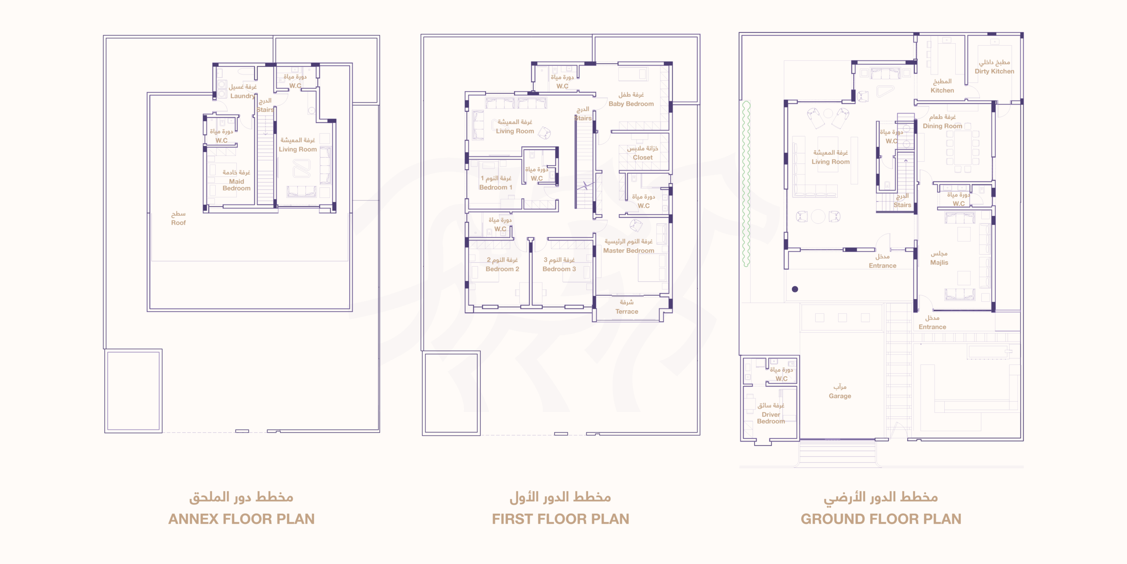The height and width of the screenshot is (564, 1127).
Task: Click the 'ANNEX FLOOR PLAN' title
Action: [241, 519]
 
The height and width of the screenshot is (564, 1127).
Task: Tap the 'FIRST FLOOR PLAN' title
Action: [560, 519]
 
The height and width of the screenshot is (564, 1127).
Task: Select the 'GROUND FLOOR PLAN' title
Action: [881, 519]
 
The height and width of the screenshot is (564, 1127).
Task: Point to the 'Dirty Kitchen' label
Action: [994, 71]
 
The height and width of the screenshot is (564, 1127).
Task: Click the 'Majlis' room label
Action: [939, 263]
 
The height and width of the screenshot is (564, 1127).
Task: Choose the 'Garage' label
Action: [840, 396]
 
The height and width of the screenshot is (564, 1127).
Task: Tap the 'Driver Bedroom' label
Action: [771, 418]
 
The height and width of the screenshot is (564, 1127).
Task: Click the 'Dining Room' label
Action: [943, 126]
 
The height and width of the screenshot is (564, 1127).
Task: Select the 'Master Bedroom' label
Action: [629, 251]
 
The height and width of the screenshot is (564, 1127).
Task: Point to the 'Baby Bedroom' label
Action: [631, 104]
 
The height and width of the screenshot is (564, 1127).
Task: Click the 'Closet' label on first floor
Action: [643, 157]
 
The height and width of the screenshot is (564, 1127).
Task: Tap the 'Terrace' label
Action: [627, 312]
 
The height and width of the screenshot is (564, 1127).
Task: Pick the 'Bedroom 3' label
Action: [559, 269]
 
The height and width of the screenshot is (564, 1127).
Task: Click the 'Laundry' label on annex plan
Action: [243, 96]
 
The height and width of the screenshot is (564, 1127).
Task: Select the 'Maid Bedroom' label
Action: [236, 185]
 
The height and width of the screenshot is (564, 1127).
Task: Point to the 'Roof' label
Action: [178, 223]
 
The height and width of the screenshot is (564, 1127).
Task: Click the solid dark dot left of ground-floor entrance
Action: [795, 289]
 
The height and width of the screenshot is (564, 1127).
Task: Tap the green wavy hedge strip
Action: [746, 184]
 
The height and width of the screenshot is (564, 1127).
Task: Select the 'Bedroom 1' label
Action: [496, 187]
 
